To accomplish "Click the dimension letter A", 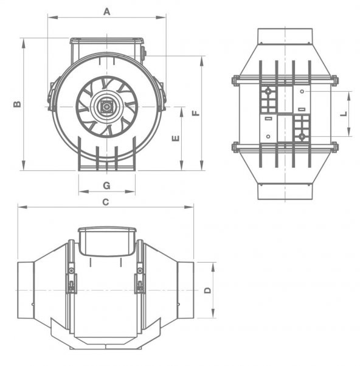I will coord(107,11).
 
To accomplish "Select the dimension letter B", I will coord(17,104).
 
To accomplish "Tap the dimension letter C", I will coord(105,202).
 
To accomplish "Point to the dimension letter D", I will coord(207,291).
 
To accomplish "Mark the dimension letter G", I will coord(106,185).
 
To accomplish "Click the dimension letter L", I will coord(343,114).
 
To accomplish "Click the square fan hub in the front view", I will coord(107,107).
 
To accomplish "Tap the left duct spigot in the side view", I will coord(24,290).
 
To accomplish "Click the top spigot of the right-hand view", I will coord(285,36).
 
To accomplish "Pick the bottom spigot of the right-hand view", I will coord(285,190).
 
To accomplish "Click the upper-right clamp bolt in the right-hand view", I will coord(334,80).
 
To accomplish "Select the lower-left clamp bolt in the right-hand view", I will coord(235,147).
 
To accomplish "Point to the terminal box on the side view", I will coord(106,241).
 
